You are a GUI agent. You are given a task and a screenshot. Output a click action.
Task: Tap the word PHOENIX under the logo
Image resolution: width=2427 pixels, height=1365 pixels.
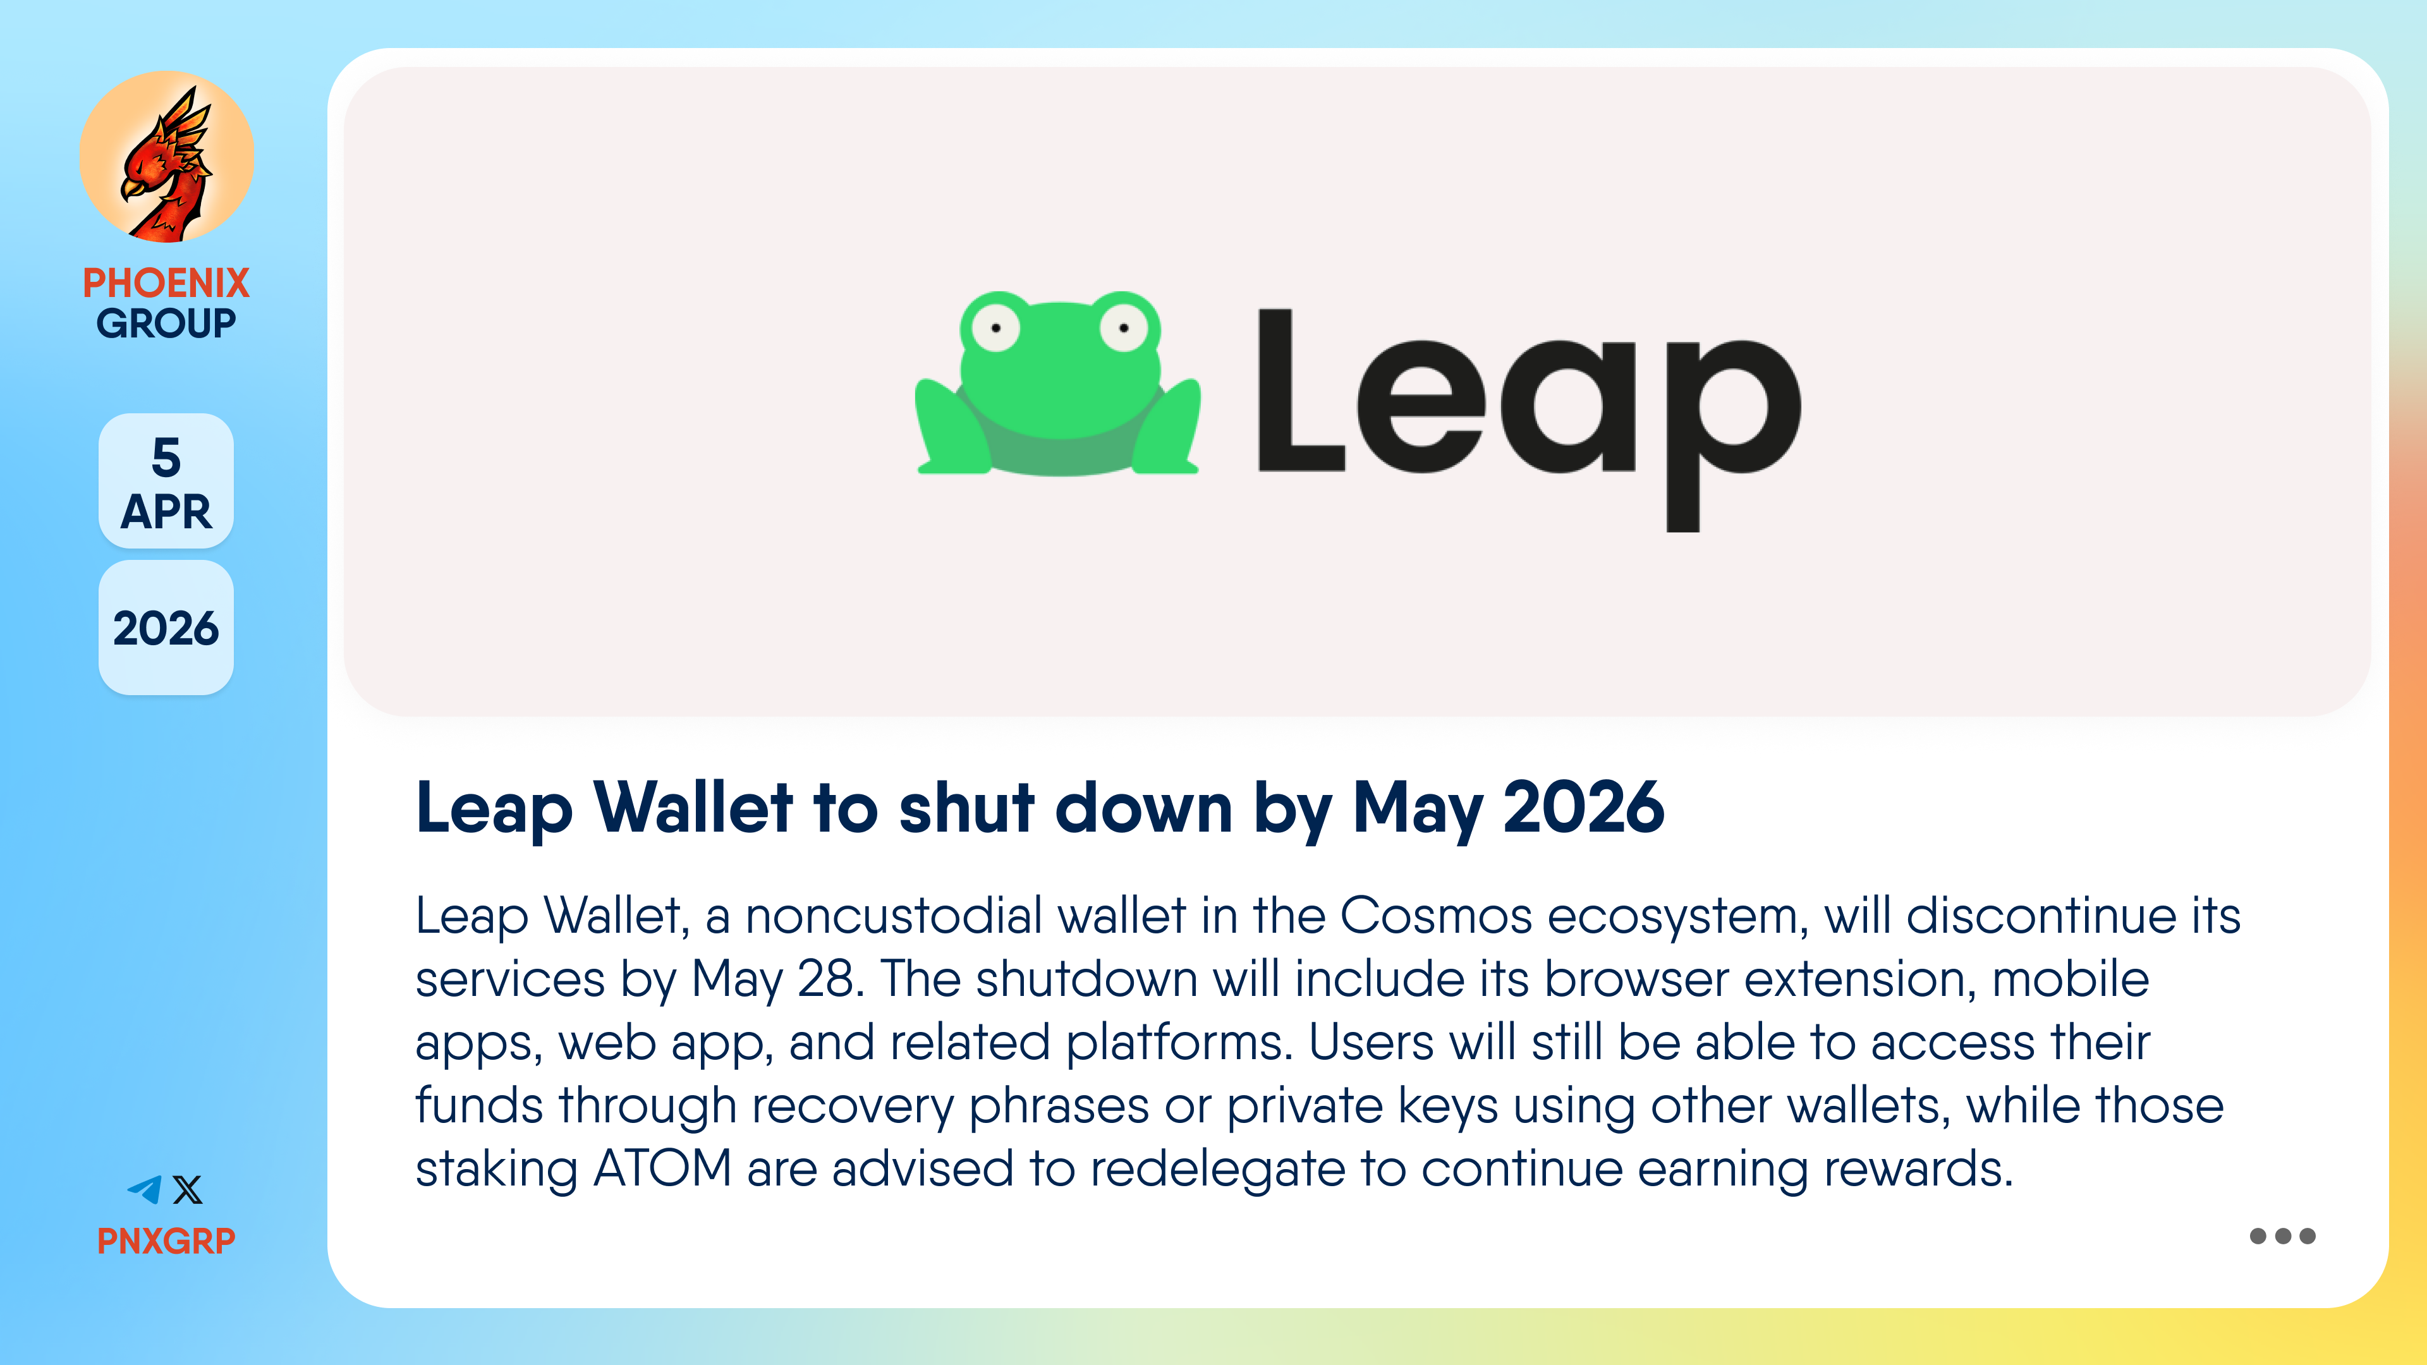[166, 282]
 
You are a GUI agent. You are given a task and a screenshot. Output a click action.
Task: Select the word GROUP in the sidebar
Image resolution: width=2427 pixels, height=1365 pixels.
[166, 323]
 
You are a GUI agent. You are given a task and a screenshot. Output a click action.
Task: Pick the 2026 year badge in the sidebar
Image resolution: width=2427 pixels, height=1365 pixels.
[166, 628]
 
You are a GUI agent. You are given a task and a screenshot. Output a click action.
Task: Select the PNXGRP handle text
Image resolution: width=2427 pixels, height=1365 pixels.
[166, 1241]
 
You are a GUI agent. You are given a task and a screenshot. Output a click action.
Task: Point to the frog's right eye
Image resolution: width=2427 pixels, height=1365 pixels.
[1124, 327]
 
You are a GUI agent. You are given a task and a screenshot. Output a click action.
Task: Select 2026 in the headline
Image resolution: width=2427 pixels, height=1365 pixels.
[1584, 808]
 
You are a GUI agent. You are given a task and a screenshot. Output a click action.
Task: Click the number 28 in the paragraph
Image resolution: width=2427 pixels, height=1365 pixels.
[830, 979]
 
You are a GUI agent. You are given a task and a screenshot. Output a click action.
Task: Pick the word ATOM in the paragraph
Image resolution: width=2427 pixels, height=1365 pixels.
[662, 1168]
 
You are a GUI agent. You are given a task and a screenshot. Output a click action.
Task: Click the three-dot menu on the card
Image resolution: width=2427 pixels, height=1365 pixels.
[2282, 1236]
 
